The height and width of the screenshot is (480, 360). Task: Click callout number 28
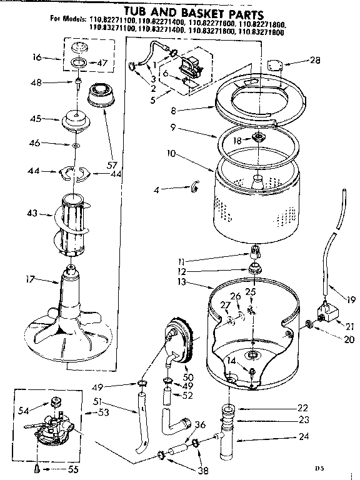[x=314, y=60]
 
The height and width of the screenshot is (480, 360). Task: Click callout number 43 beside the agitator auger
[x=31, y=214]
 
